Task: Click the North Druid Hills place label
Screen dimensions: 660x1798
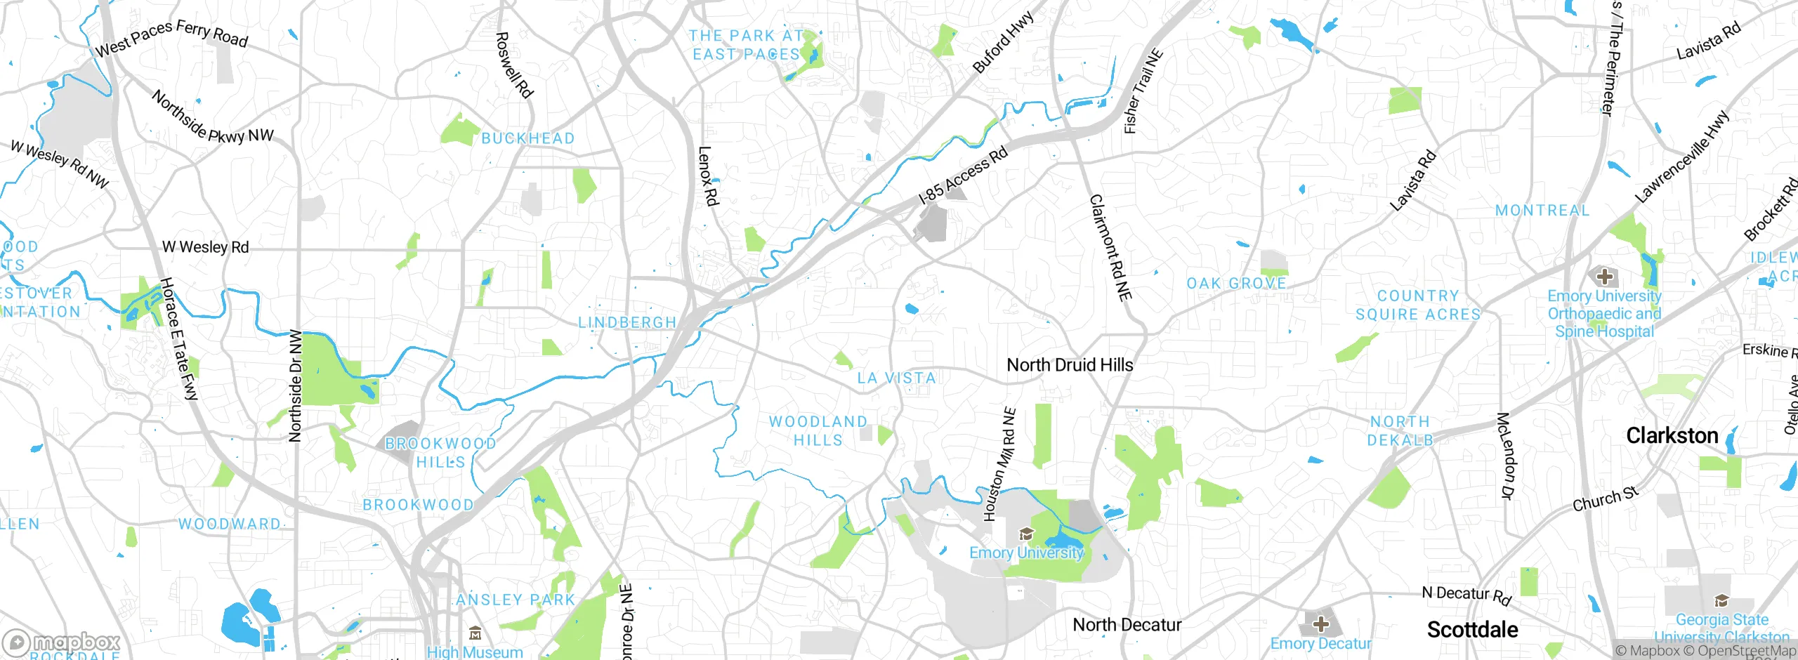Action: pos(1070,365)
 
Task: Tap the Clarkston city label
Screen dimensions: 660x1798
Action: pos(1672,436)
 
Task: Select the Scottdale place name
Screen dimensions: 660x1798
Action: pos(1472,630)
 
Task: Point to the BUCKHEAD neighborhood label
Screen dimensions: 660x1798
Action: pos(527,138)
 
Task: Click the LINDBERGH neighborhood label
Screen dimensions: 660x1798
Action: pos(627,322)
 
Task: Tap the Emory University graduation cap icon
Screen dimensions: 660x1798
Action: pos(1026,535)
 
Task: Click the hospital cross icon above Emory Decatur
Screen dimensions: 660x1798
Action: pos(1320,623)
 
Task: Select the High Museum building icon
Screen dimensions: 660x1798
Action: pos(475,635)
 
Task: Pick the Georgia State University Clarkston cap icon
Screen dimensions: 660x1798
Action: pos(1721,601)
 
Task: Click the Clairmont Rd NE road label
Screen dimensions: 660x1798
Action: pos(1110,248)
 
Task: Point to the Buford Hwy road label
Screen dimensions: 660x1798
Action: pos(1003,42)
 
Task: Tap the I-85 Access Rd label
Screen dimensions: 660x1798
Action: pos(964,175)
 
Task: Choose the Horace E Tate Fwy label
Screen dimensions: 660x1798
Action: pos(179,338)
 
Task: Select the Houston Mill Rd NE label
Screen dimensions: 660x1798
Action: pos(999,465)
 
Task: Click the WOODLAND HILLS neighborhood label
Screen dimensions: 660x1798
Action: pos(818,431)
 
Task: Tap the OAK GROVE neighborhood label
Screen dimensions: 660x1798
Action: pos(1236,284)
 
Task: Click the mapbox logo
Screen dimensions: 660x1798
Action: pos(62,642)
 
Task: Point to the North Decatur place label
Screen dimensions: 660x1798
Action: pos(1127,625)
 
